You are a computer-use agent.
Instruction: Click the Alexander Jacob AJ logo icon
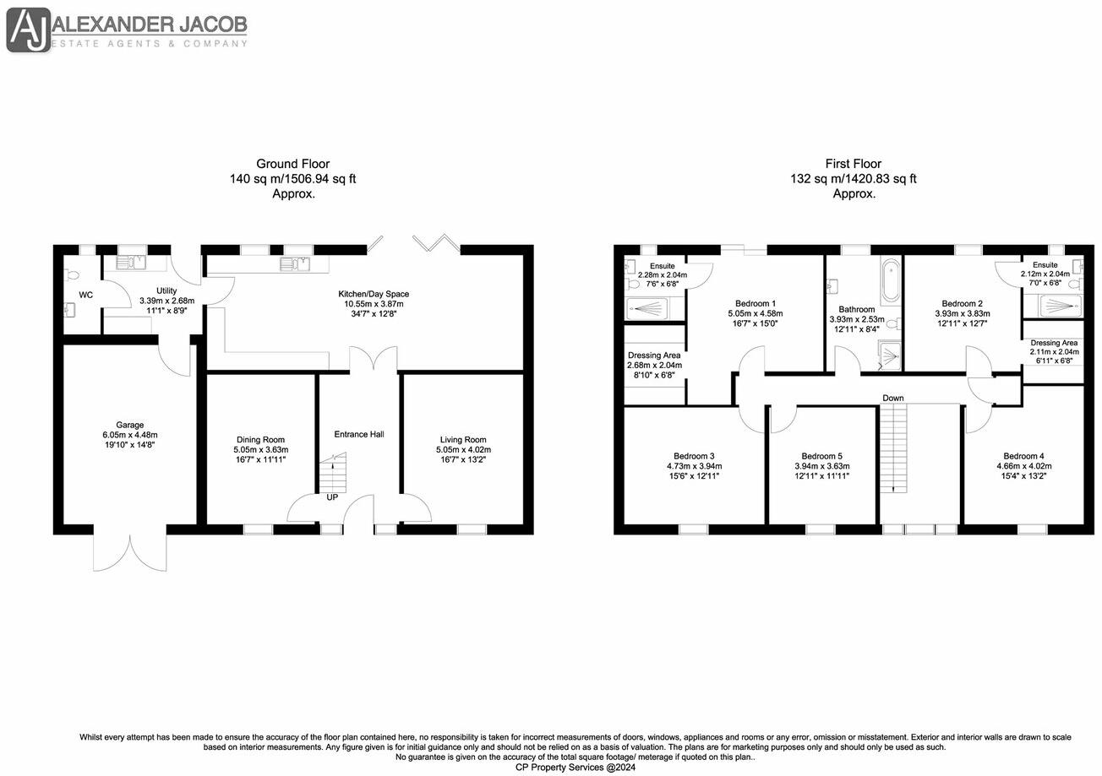(29, 31)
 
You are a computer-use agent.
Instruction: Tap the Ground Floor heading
(292, 164)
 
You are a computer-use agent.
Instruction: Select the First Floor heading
(853, 164)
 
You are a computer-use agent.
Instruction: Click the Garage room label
(130, 425)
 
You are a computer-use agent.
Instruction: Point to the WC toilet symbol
(73, 274)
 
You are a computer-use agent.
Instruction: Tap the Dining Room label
(260, 439)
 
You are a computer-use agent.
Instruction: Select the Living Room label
(463, 439)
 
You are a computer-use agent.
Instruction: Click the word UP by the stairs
(332, 497)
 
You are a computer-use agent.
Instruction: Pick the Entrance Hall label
(359, 434)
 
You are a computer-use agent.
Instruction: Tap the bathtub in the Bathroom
(891, 281)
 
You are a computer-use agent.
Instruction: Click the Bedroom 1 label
(755, 303)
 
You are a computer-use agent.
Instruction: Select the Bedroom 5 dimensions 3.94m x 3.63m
(821, 466)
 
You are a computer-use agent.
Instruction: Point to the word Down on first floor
(893, 398)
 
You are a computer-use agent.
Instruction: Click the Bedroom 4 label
(1023, 456)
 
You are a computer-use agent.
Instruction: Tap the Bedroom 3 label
(694, 456)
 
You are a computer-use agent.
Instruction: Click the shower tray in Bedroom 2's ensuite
(1059, 306)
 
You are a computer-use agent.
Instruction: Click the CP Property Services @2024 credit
(575, 768)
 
